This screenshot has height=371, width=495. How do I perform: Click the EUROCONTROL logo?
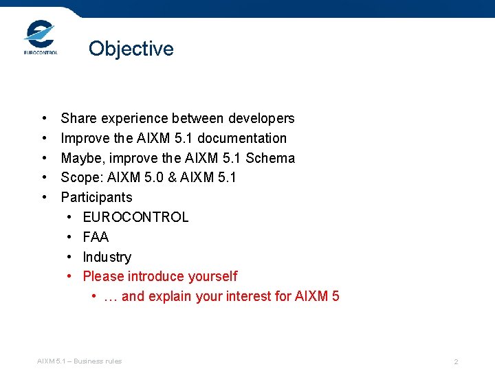(40, 38)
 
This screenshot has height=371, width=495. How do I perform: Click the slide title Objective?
(131, 49)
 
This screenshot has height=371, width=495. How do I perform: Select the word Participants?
(96, 197)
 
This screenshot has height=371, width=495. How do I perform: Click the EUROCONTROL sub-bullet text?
(135, 217)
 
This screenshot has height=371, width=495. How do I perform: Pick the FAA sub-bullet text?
(96, 237)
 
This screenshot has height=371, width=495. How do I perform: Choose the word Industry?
(107, 257)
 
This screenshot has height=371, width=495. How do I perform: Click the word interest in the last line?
(245, 296)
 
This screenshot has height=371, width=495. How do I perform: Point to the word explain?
(170, 296)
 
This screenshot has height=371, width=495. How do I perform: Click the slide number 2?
(456, 361)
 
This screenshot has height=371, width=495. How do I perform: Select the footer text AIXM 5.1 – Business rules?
(79, 361)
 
